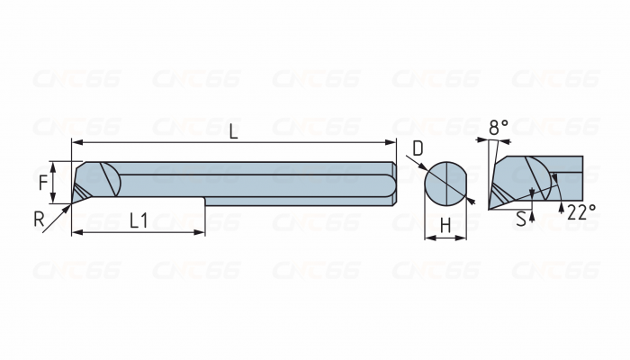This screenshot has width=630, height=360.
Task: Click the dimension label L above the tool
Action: [x=233, y=131]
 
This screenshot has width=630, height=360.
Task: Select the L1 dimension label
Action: [x=139, y=219]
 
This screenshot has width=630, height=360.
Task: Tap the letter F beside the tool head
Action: [x=44, y=182]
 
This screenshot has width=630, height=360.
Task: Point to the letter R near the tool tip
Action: [x=40, y=218]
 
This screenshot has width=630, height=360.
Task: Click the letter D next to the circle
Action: [x=418, y=148]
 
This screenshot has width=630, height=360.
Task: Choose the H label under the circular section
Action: [x=445, y=226]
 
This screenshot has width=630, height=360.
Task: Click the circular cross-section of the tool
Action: [x=446, y=184]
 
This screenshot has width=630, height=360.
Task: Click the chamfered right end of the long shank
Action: [x=392, y=184]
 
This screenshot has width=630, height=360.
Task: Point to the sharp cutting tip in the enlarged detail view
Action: [x=490, y=208]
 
